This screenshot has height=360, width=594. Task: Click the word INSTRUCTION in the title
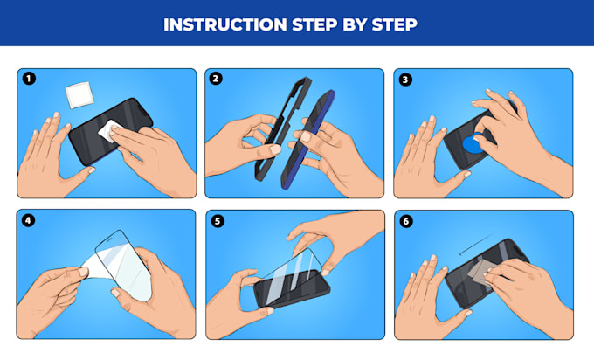point(218,24)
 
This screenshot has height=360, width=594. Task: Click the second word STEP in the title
point(393,24)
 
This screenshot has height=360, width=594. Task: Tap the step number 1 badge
point(29,80)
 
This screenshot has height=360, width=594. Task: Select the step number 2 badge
point(217,80)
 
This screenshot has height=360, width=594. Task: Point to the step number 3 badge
point(404,80)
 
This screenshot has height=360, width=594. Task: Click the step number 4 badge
point(29,221)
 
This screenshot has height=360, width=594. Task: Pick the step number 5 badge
point(217,221)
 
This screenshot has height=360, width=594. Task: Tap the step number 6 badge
point(404,221)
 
